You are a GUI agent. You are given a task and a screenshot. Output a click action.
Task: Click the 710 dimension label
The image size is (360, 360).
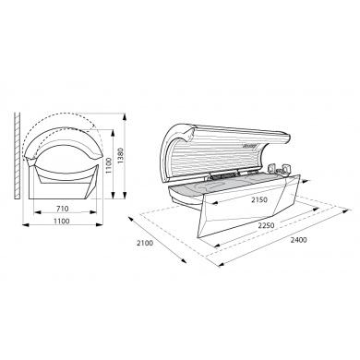63,209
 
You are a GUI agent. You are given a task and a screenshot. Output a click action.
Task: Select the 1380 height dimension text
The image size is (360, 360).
120,156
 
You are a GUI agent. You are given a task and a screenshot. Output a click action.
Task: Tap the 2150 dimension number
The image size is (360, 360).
259,199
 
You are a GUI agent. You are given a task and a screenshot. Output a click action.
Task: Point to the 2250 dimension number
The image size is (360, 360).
266,225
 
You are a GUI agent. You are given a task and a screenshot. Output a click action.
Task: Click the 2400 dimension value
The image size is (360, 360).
299,240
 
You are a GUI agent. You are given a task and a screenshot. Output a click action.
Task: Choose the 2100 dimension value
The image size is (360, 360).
145,243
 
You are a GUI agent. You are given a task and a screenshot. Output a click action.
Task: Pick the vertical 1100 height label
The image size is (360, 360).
108,165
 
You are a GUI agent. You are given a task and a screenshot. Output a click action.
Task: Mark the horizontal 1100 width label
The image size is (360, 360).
62,221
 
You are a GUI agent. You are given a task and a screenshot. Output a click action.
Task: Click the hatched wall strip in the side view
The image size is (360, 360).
18,156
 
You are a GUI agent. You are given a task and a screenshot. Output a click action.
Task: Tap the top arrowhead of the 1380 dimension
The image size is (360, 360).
125,116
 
